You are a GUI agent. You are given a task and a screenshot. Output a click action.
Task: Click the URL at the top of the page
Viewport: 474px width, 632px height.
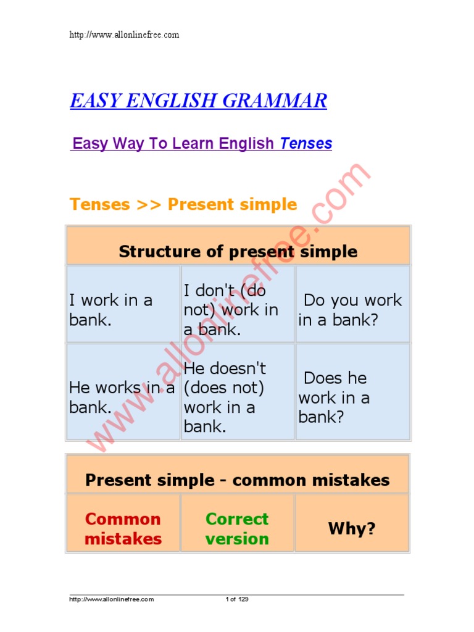point(124,35)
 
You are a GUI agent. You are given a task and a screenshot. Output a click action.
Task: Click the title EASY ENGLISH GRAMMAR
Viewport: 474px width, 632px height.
point(198,101)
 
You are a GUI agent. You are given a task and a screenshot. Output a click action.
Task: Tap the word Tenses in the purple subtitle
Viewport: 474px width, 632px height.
point(306,144)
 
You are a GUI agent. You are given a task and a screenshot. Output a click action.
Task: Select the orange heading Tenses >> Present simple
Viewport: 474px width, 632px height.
point(183,204)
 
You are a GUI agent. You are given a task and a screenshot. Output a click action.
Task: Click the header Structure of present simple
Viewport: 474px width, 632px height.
point(238,251)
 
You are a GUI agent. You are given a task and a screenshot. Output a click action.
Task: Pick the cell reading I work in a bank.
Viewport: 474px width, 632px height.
point(111,310)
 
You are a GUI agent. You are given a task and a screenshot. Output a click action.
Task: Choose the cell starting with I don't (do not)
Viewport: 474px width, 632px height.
point(231,310)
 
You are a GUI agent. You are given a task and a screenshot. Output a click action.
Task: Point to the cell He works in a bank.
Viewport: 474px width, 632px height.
point(122,397)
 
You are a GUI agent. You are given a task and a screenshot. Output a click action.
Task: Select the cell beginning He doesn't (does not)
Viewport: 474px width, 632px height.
point(225,397)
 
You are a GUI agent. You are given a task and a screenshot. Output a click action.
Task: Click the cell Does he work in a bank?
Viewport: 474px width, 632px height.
point(334,397)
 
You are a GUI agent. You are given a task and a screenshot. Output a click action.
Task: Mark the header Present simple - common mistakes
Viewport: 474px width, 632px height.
point(238,480)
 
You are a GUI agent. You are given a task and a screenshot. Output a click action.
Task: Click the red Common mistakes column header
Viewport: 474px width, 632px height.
point(123,529)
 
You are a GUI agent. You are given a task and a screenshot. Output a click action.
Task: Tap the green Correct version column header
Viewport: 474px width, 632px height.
point(237,529)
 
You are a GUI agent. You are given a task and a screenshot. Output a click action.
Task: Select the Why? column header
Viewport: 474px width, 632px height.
point(352,529)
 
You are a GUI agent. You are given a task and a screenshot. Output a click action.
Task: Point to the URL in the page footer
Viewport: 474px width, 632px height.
point(111,599)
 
